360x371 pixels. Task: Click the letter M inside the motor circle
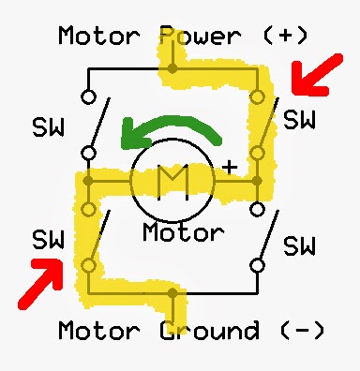pyautogui.click(x=172, y=178)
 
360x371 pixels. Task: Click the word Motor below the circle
pyautogui.click(x=184, y=231)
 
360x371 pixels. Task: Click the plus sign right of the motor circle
pyautogui.click(x=228, y=167)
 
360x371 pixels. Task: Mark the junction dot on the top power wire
pyautogui.click(x=172, y=68)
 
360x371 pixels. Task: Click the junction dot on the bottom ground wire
pyautogui.click(x=172, y=293)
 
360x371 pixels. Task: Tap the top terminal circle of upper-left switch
pyautogui.click(x=88, y=96)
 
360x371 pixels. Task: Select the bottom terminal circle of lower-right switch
pyautogui.click(x=255, y=265)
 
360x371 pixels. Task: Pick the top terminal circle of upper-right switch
pyautogui.click(x=255, y=96)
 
